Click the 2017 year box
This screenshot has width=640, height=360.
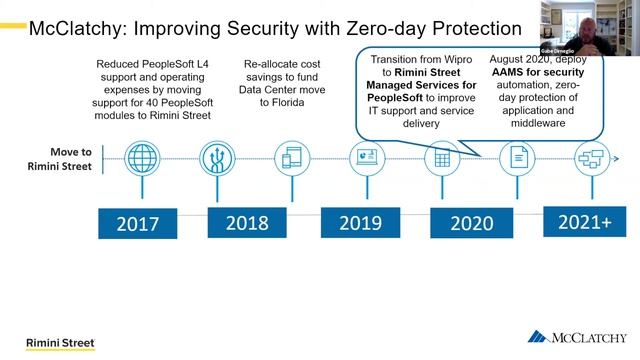click(137, 224)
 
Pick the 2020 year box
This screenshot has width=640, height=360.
click(471, 222)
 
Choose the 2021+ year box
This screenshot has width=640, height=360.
click(584, 221)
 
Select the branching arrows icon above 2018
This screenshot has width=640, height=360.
click(216, 158)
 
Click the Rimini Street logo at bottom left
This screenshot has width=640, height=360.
click(60, 343)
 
